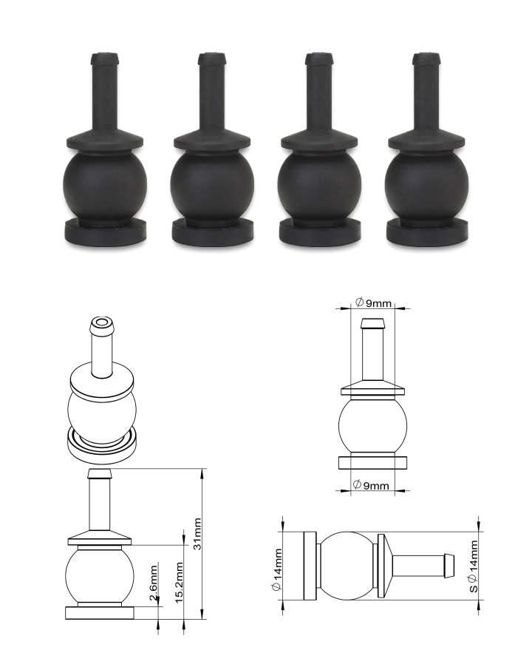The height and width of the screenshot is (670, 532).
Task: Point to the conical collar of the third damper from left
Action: click(318, 140)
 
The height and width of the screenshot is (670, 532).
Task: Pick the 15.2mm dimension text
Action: click(177, 584)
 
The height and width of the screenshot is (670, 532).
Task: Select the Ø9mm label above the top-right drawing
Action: click(372, 302)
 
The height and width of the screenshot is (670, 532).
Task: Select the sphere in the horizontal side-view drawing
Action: click(347, 565)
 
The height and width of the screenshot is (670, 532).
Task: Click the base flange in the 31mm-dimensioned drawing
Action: click(100, 612)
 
